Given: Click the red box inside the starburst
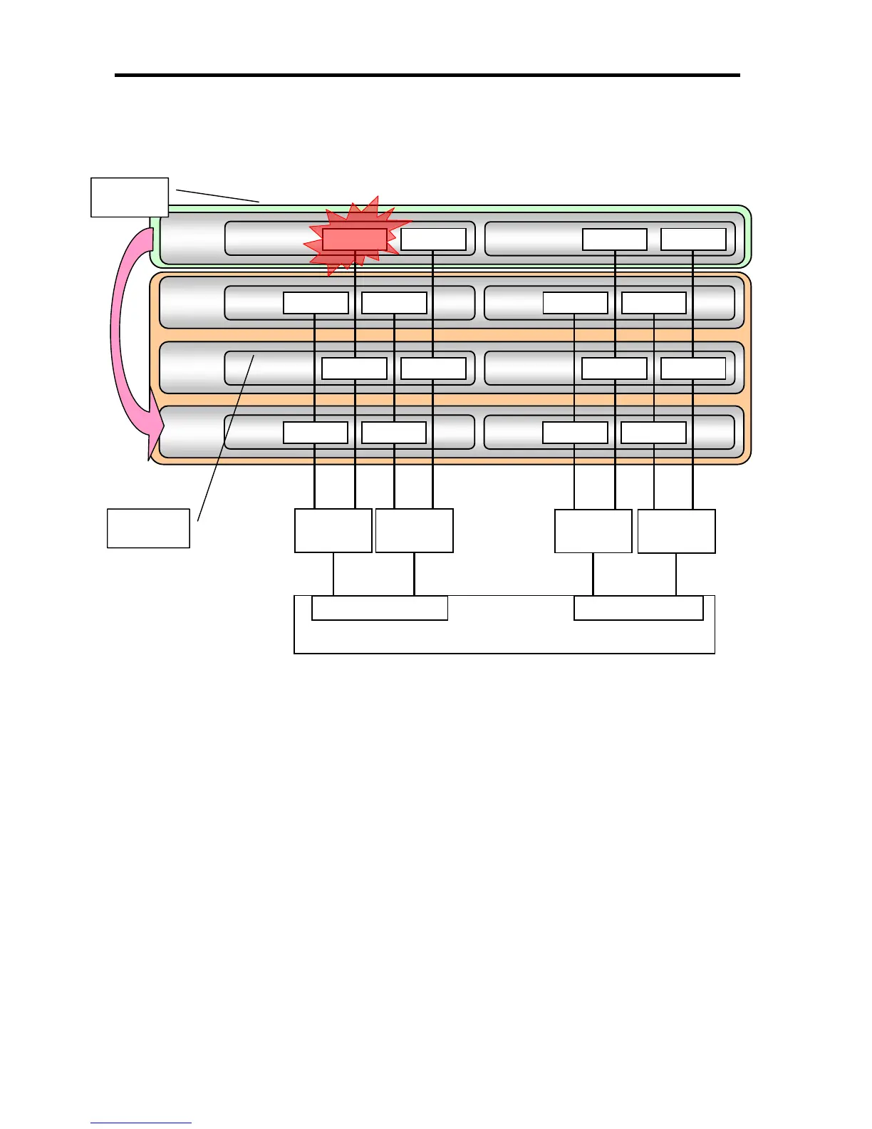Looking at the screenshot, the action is pyautogui.click(x=354, y=239).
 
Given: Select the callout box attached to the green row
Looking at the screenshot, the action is pyautogui.click(x=130, y=197).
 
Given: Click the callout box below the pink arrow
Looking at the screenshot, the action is pyautogui.click(x=148, y=528).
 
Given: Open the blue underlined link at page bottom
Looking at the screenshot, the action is pyautogui.click(x=141, y=1123).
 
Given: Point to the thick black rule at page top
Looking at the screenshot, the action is pyautogui.click(x=427, y=75).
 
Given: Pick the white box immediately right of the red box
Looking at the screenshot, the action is pyautogui.click(x=433, y=239).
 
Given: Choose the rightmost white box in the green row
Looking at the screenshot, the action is pyautogui.click(x=693, y=239).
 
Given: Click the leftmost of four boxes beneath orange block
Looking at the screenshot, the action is pyautogui.click(x=333, y=530).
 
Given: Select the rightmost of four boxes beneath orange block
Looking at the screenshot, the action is pyautogui.click(x=676, y=531).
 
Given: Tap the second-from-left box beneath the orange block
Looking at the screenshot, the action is pyautogui.click(x=414, y=530).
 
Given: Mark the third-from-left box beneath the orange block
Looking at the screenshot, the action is pyautogui.click(x=593, y=531).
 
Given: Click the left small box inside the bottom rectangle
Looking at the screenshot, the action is pyautogui.click(x=380, y=608).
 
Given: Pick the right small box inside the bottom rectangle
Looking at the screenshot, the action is pyautogui.click(x=638, y=608).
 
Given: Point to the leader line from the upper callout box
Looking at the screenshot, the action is pyautogui.click(x=217, y=196).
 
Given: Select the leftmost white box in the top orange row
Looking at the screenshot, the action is pyautogui.click(x=316, y=303).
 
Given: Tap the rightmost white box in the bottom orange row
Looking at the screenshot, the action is pyautogui.click(x=653, y=433).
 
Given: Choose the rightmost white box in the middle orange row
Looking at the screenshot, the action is pyautogui.click(x=693, y=368).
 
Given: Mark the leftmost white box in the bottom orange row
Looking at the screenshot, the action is pyautogui.click(x=316, y=433).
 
